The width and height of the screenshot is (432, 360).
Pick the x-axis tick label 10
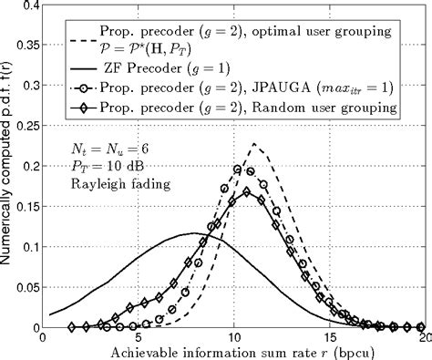coord(234,336)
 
